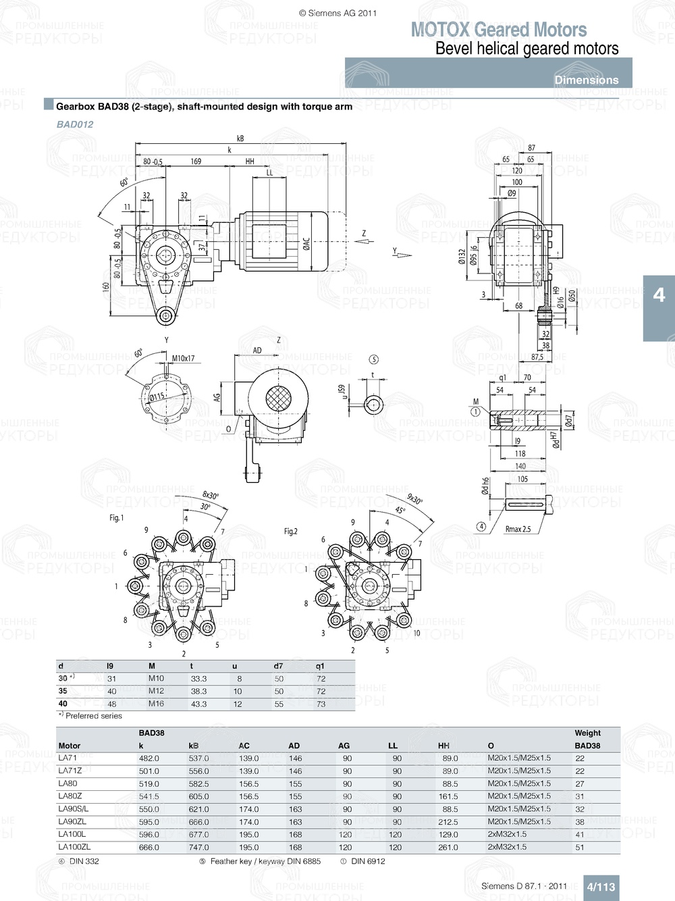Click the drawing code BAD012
[75, 124]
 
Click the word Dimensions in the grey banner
[586, 80]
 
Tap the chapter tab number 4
[659, 295]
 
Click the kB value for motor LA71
[198, 758]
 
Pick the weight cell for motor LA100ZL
[580, 847]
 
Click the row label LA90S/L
[73, 809]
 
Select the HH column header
[443, 746]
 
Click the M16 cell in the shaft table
[156, 704]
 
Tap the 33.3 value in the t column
[198, 679]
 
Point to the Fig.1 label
[117, 518]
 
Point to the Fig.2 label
[290, 532]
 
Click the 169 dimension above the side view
[196, 161]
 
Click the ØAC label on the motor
[306, 244]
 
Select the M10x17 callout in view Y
[183, 359]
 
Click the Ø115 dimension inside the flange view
[157, 397]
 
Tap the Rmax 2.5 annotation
[518, 529]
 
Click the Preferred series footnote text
[93, 716]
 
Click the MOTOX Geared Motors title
[499, 30]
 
